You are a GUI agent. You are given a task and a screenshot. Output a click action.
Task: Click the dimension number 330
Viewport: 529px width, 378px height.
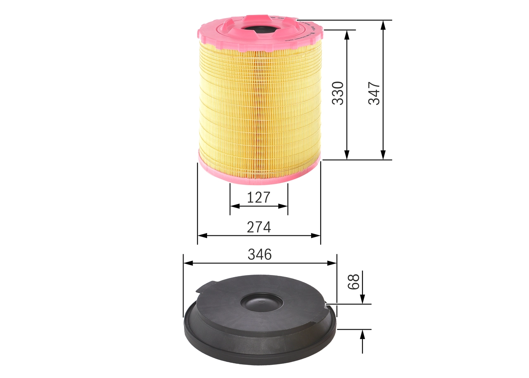tap(338, 93)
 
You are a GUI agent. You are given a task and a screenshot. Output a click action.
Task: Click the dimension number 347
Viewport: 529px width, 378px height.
tap(374, 93)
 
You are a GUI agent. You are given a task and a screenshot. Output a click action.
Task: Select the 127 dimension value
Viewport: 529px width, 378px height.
tap(258, 198)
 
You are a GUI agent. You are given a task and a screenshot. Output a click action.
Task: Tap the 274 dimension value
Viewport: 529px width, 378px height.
tap(259, 227)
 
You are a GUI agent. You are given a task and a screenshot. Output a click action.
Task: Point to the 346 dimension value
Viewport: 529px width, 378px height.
tap(260, 254)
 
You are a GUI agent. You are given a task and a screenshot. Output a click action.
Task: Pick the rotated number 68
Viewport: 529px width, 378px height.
tap(353, 281)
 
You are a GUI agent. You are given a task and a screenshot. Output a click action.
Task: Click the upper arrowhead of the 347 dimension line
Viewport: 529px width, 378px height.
tap(384, 25)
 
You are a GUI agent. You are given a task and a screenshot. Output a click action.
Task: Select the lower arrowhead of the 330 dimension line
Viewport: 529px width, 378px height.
tap(347, 155)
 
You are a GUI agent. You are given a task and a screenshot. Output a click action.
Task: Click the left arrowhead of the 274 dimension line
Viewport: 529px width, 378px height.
tap(202, 235)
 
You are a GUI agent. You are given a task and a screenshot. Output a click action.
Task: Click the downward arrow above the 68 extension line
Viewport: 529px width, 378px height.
tap(362, 299)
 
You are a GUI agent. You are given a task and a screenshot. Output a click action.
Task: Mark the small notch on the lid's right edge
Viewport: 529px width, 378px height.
tap(326, 304)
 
